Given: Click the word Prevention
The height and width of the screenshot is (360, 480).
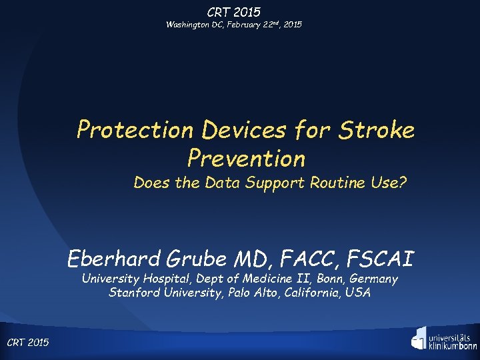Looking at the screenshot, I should click(x=246, y=158).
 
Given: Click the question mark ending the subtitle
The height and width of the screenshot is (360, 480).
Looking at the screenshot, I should click(x=403, y=183).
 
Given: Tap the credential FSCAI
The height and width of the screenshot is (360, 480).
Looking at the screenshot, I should click(x=381, y=257).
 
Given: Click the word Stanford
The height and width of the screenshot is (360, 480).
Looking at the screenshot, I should click(x=134, y=293).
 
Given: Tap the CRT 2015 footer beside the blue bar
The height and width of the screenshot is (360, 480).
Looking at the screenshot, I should click(x=27, y=343).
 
